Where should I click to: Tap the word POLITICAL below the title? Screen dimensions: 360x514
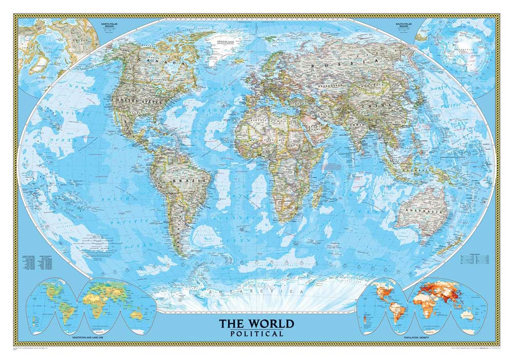[x=257, y=334]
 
